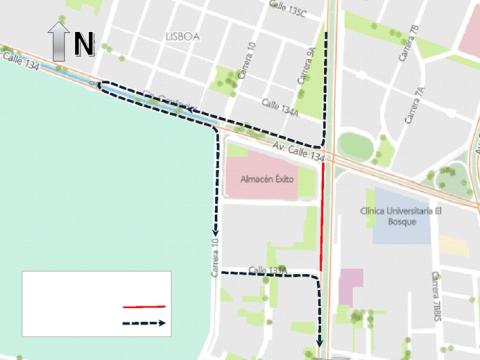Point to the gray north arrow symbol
tap(57, 45)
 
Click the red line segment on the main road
tap(323, 215)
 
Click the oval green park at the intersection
tap(353, 146)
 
